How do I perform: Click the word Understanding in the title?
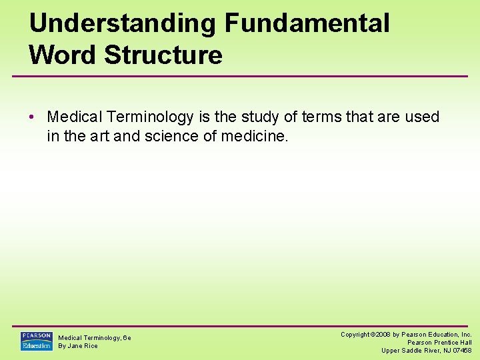pos(123,23)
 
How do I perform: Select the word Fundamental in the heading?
pos(307,23)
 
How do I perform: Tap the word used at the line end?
pos(423,117)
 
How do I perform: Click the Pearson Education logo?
pos(36,341)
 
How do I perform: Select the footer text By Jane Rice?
pos(78,346)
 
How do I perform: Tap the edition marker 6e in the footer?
pos(127,338)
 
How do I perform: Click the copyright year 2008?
pos(383,334)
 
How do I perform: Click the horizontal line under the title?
pos(240,76)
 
